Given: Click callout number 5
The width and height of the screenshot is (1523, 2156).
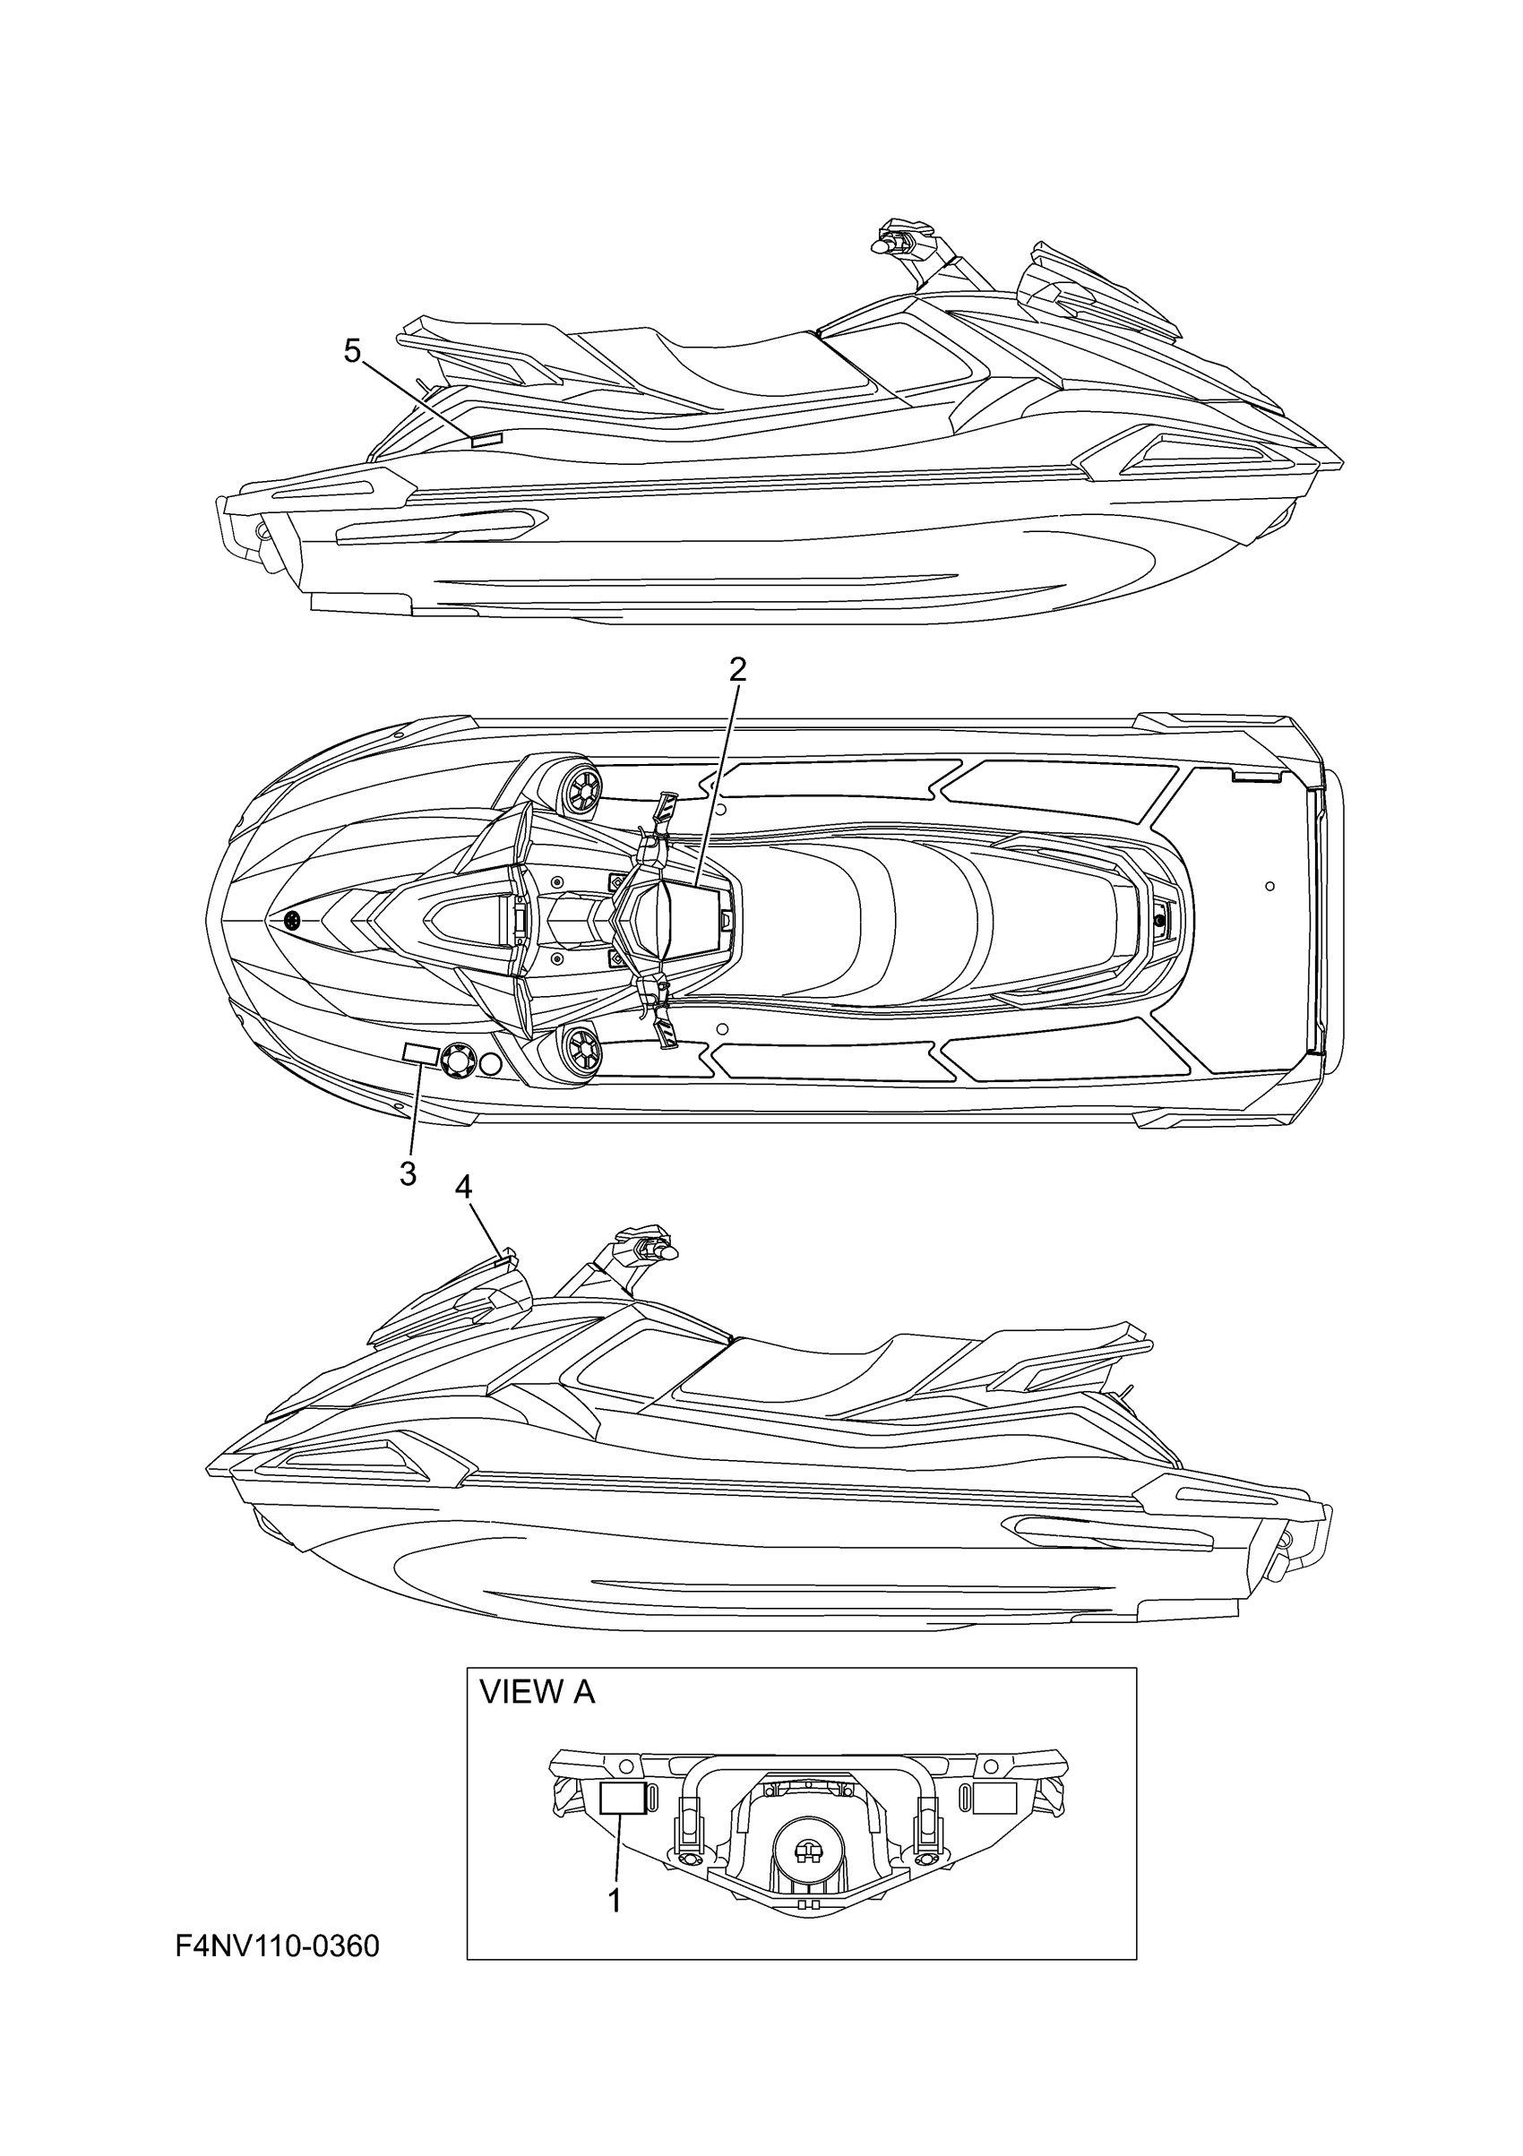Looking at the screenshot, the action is click(x=352, y=351).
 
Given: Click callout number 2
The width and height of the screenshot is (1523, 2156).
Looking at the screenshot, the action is click(x=737, y=669).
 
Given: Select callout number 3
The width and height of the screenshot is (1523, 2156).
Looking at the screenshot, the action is click(x=408, y=1172).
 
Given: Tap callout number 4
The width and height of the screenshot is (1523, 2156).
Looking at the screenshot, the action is click(x=463, y=1187).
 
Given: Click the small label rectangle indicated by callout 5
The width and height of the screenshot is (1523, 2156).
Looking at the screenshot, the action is click(x=487, y=439).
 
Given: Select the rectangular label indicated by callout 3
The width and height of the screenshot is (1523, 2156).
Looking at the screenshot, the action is click(x=419, y=1054).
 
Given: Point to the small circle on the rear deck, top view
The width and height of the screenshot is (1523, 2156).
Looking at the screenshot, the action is click(x=1269, y=886).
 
